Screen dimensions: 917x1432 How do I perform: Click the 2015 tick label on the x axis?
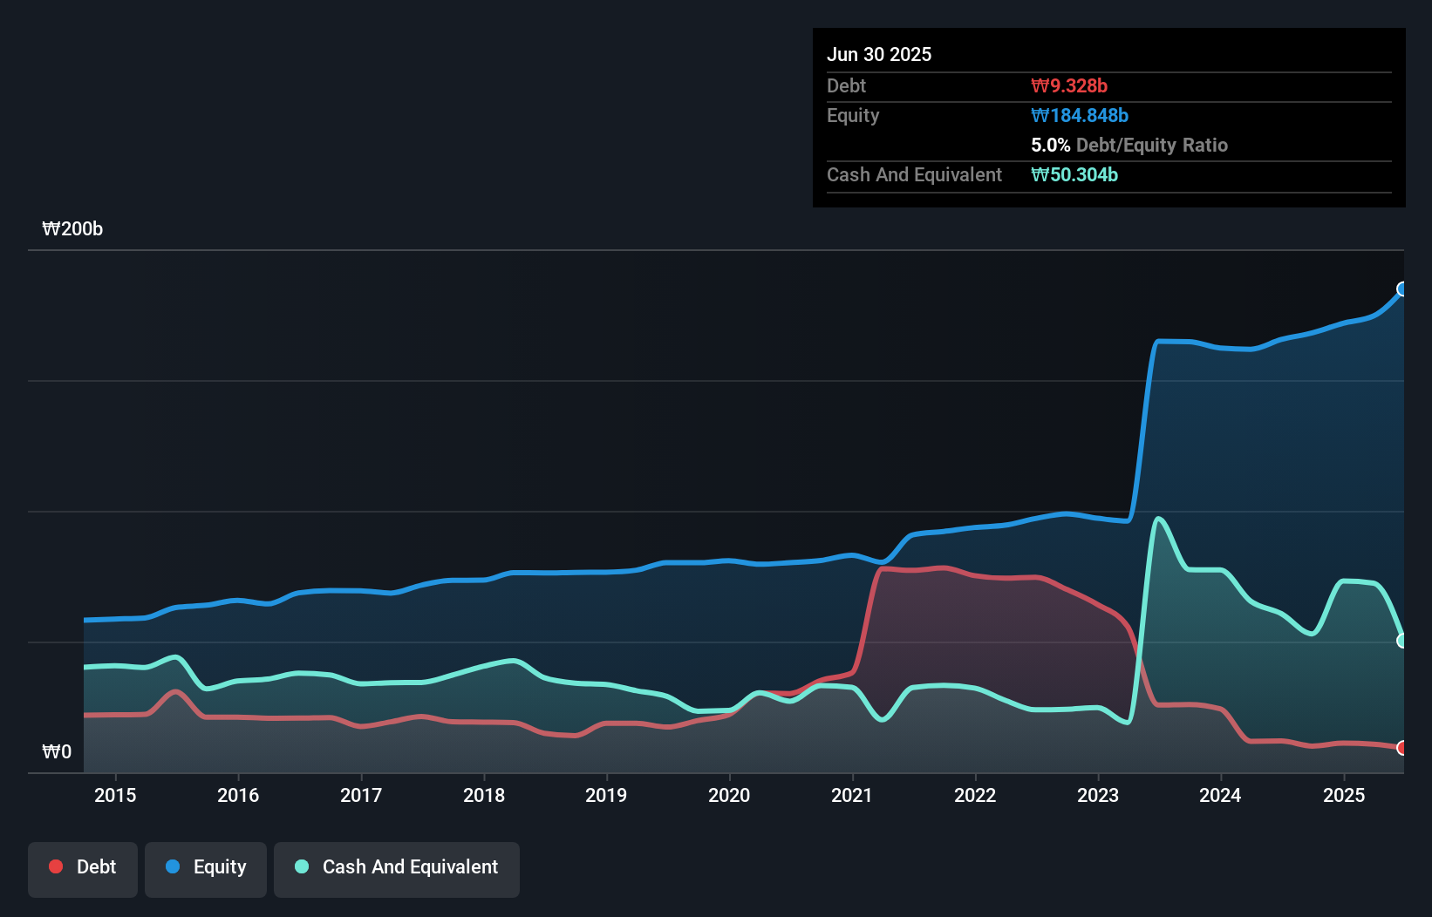click(x=115, y=795)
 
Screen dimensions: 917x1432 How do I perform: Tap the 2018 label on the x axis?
click(x=484, y=795)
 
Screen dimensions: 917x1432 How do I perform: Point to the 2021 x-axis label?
click(x=852, y=795)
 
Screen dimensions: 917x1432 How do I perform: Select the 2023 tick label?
click(x=1098, y=795)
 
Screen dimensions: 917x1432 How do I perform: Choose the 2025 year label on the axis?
click(x=1344, y=795)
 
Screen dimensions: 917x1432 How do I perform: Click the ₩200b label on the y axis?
click(x=72, y=229)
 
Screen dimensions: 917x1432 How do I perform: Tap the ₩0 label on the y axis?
click(x=57, y=751)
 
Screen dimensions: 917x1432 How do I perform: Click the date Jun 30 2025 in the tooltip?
click(x=879, y=54)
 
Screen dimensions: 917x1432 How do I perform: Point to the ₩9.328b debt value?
click(x=1069, y=85)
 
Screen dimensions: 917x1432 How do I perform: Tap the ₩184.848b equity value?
click(x=1080, y=115)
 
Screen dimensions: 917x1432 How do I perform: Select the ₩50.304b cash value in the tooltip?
click(x=1074, y=174)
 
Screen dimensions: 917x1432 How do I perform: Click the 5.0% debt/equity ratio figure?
click(x=1050, y=145)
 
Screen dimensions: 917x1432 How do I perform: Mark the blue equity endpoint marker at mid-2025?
click(x=1402, y=289)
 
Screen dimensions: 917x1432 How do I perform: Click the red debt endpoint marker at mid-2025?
click(x=1402, y=748)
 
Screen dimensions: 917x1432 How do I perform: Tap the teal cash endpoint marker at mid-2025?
click(x=1402, y=641)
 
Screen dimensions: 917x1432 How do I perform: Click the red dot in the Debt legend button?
click(x=56, y=866)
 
